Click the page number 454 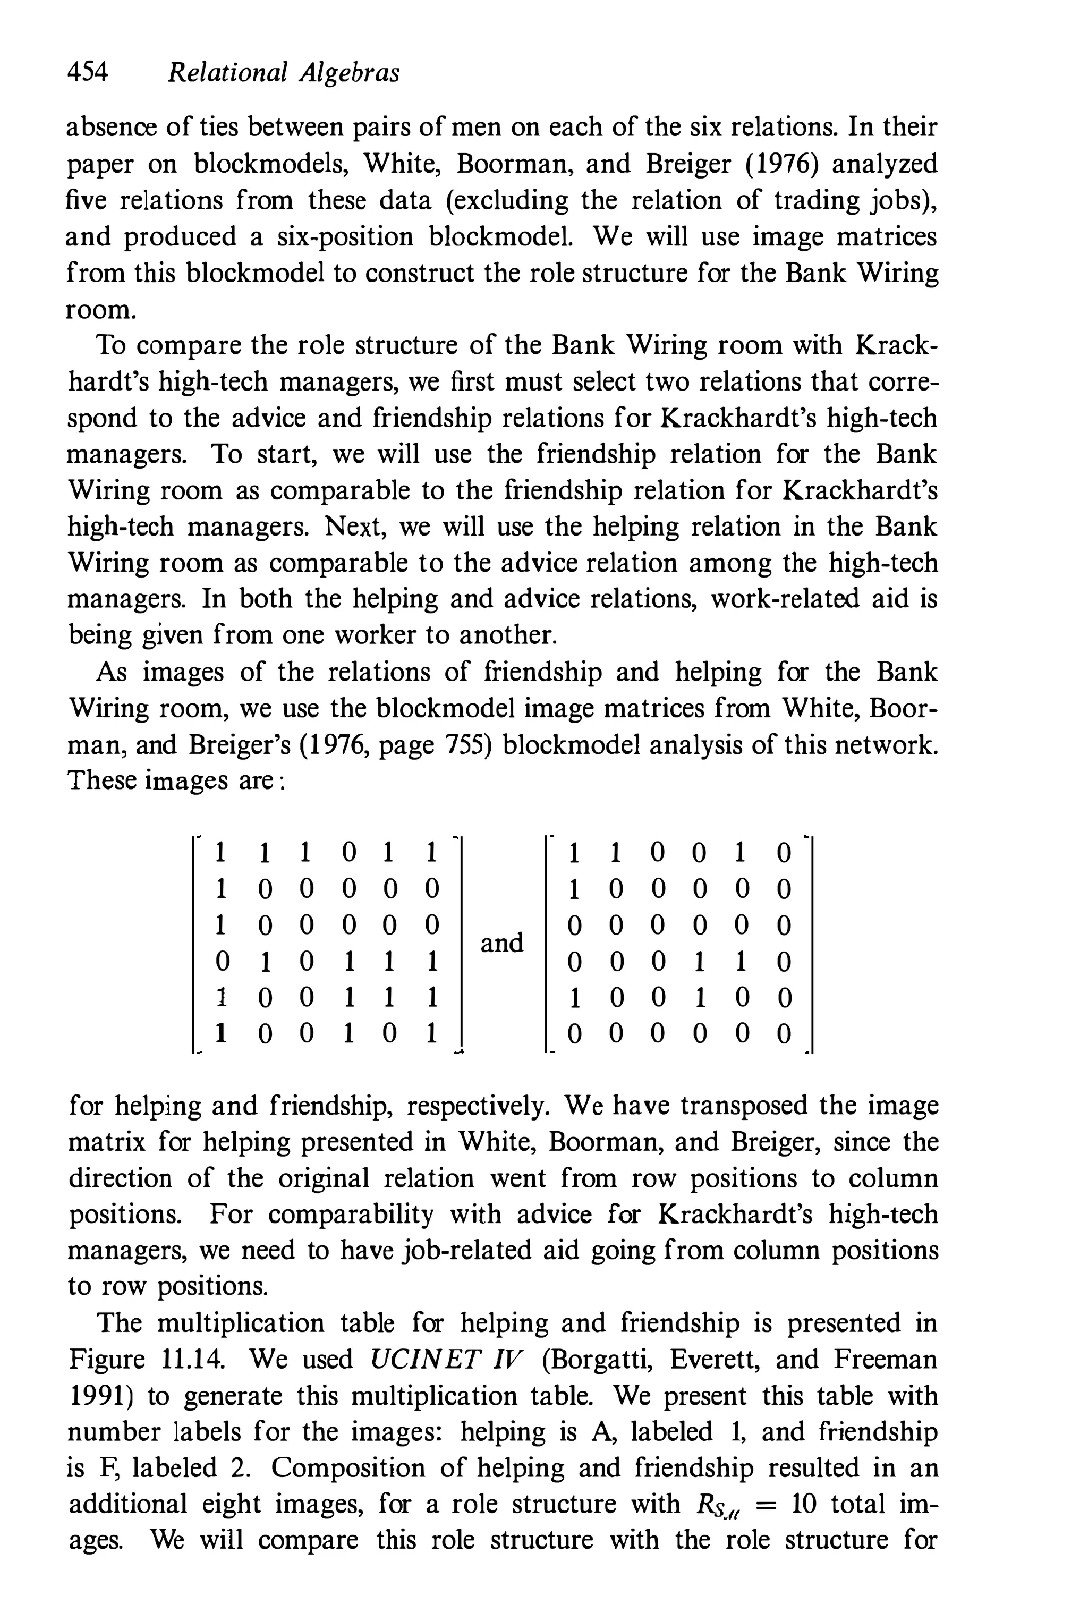pos(88,72)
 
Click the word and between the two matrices pos(501,943)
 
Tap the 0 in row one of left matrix pos(350,853)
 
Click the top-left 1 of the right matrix pos(574,853)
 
